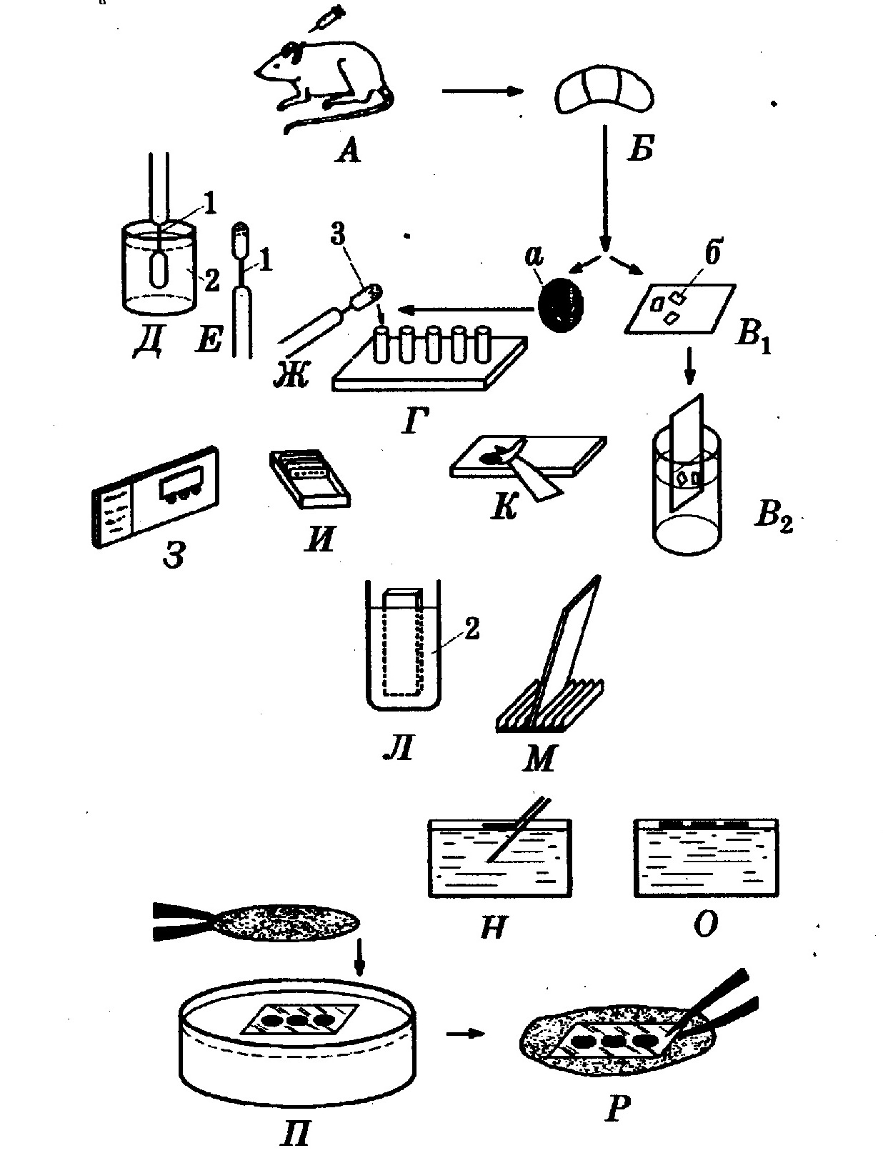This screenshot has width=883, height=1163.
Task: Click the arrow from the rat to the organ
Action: pos(482,91)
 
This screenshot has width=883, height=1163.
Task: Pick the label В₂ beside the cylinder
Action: pos(773,515)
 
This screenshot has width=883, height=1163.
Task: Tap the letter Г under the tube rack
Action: pos(414,421)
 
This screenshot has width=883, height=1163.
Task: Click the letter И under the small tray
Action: pos(321,540)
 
